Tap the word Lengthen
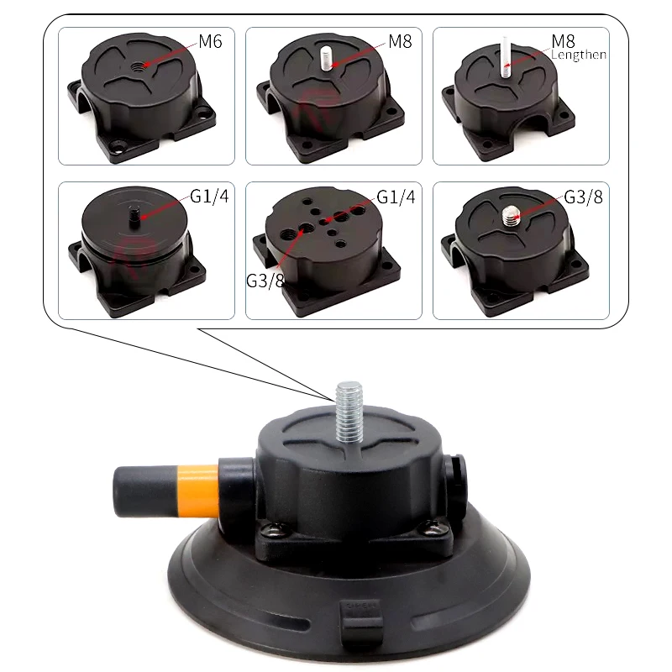click(579, 55)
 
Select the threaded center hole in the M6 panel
click(144, 65)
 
